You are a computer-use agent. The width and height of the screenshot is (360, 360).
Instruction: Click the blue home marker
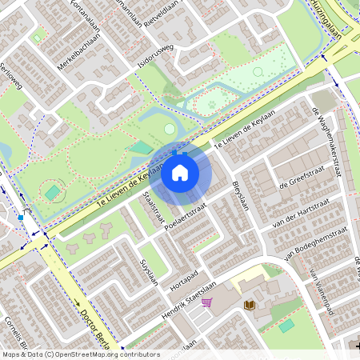180,172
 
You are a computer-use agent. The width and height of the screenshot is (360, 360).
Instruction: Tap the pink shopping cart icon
206,302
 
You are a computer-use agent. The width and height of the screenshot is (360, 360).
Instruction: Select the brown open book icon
249,306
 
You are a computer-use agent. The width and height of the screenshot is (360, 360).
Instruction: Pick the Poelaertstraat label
181,222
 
